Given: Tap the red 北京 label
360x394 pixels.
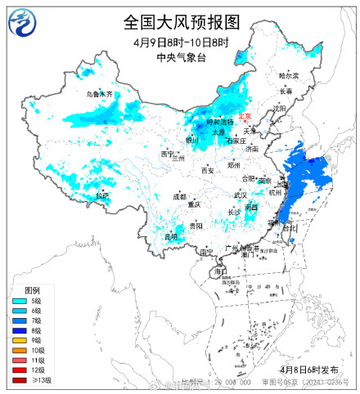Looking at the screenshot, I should [x=245, y=117].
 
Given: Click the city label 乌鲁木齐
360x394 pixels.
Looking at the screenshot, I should [x=99, y=94].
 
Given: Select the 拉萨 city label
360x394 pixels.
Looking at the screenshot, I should [x=101, y=195].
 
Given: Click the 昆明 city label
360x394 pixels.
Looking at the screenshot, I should [x=170, y=236].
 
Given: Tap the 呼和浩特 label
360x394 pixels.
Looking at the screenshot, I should [x=220, y=122].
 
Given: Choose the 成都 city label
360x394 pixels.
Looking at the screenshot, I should [x=179, y=196].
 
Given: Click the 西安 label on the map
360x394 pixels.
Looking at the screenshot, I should [x=208, y=170].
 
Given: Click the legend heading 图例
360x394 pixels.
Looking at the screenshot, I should [x=32, y=291].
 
